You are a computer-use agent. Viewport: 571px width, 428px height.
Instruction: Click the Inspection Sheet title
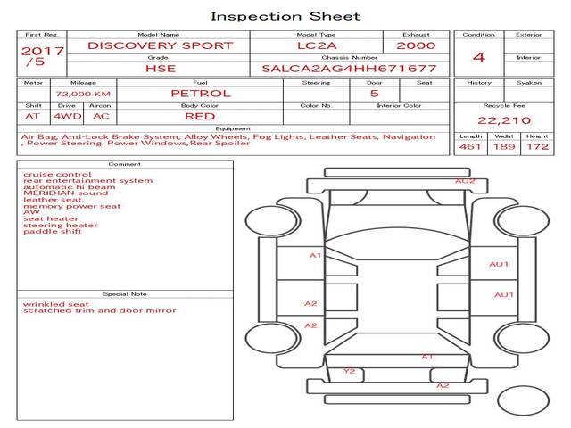[285, 16]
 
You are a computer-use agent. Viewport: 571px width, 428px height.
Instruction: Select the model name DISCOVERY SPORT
[161, 45]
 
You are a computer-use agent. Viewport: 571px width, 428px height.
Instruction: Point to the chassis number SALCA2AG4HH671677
[349, 69]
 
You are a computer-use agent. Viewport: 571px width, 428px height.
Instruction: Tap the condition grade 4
[479, 57]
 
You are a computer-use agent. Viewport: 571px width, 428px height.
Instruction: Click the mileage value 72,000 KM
[83, 94]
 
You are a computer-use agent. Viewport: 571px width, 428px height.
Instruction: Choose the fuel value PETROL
[201, 94]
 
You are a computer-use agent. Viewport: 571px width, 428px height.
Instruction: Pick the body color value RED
[200, 117]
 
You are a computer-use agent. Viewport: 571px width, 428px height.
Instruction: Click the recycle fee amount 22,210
[504, 120]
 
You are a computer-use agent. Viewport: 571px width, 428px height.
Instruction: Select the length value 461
[470, 146]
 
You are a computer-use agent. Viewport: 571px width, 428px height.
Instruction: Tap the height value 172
[537, 146]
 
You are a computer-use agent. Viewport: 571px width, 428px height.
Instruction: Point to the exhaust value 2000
[416, 45]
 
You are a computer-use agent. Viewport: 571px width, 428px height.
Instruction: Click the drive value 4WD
[68, 117]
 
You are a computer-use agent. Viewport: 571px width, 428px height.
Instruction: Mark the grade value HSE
[161, 69]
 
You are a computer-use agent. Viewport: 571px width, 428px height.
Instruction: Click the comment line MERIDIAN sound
[65, 193]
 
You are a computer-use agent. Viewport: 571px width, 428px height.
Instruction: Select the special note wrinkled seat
[55, 304]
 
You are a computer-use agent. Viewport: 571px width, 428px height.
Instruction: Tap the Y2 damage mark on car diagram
[349, 371]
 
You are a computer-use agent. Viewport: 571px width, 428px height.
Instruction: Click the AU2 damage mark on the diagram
[465, 181]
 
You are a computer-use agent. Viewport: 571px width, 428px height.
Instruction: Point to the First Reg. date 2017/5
[42, 56]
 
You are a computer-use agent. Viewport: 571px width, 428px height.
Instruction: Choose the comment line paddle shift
[52, 232]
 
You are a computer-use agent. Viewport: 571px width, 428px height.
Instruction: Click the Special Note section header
[125, 294]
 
